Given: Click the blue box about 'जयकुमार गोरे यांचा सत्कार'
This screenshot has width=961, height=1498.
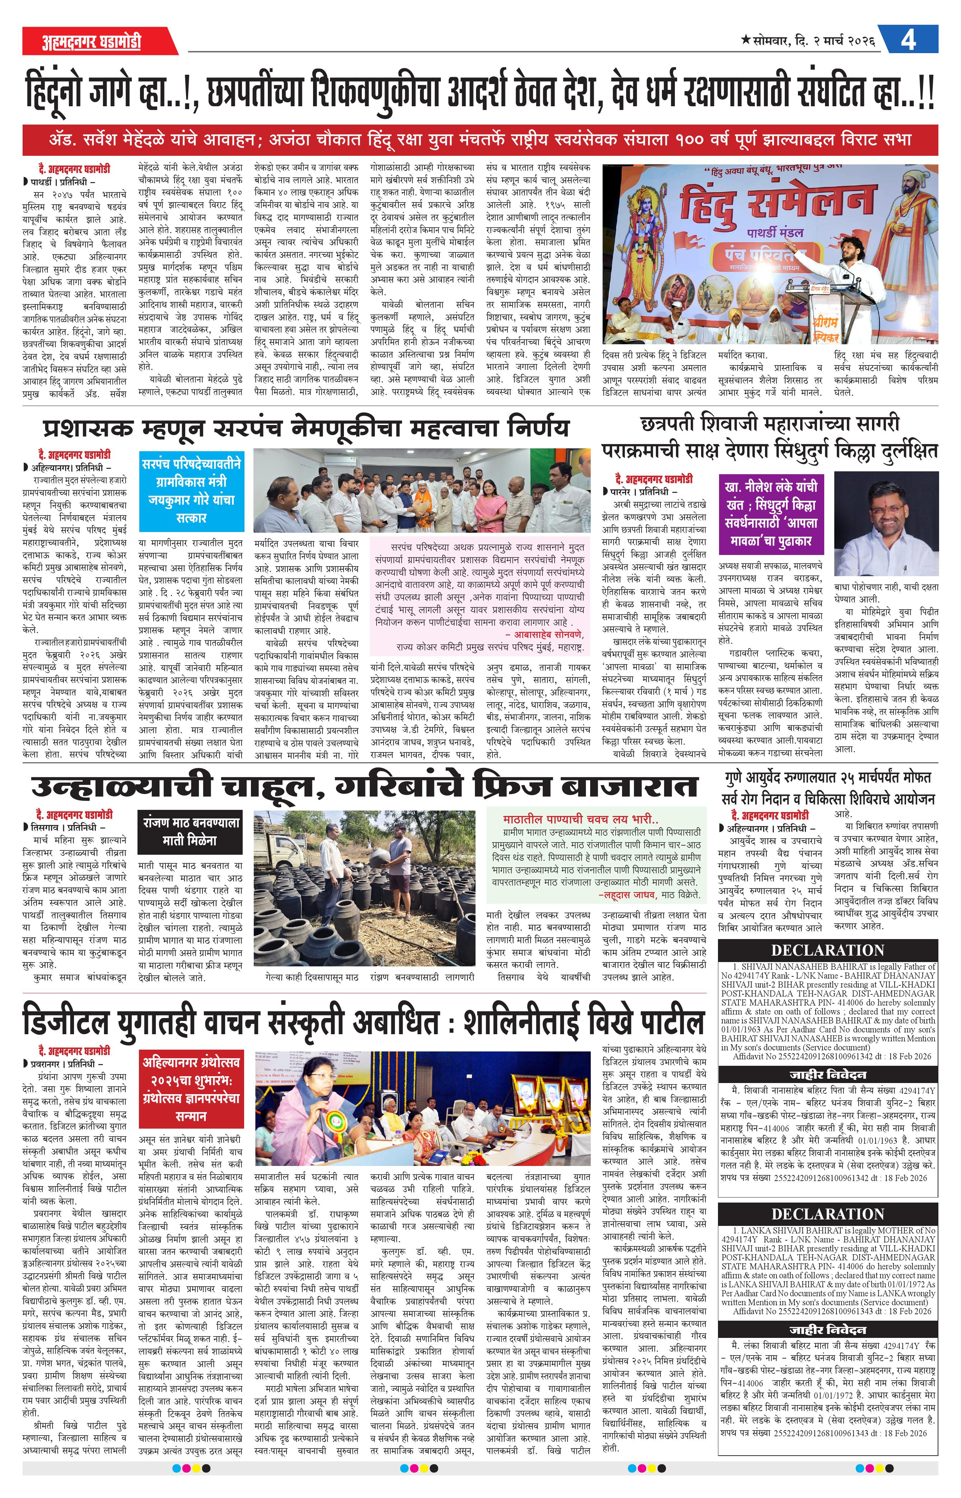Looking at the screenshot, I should tap(191, 491).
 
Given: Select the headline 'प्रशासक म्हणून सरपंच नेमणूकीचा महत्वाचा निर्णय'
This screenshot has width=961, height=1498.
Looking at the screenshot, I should tap(306, 429).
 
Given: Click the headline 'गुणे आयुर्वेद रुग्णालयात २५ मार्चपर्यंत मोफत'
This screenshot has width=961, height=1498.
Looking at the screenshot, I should tap(827, 778).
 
